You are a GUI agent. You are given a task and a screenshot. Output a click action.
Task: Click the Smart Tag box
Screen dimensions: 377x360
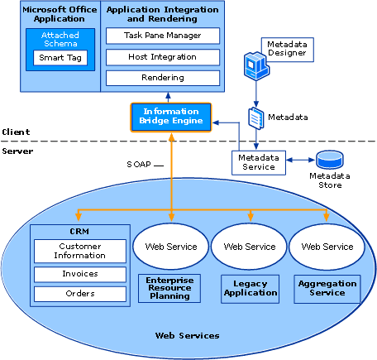[x=60, y=58]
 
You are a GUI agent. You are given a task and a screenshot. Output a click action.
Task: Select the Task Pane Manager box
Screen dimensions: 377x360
[x=163, y=36]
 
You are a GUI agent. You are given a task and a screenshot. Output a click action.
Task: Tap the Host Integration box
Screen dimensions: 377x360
[x=163, y=57]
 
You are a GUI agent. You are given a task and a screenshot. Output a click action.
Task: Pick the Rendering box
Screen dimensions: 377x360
[x=163, y=78]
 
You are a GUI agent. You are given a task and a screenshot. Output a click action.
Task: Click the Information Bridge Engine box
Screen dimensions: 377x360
[x=171, y=118]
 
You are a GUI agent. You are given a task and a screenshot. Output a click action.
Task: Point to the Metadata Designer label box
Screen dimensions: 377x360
[x=288, y=50]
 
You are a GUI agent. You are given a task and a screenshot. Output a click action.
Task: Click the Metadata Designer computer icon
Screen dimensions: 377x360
[x=256, y=65]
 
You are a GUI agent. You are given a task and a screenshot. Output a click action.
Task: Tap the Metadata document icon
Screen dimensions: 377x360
[x=256, y=118]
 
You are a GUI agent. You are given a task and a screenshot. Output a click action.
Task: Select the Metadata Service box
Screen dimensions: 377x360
[x=259, y=163]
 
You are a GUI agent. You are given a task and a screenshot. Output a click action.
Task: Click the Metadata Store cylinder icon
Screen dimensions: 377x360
[x=330, y=160]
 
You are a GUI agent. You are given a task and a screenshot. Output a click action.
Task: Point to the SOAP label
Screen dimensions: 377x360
[x=139, y=165]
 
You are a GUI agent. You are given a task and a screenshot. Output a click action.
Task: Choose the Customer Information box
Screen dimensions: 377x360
[x=80, y=251]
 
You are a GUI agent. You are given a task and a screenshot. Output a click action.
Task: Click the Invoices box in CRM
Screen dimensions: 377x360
[x=80, y=274]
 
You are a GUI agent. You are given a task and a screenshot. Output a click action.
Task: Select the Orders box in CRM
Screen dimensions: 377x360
[x=80, y=294]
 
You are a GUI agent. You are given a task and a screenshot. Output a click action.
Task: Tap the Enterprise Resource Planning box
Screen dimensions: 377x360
[x=169, y=288]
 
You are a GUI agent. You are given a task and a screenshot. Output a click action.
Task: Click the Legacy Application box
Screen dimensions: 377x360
[x=251, y=289]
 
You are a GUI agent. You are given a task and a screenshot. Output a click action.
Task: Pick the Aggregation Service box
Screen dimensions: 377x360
[x=327, y=289]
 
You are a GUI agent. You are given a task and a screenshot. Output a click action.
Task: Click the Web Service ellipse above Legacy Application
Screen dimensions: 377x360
[x=250, y=247]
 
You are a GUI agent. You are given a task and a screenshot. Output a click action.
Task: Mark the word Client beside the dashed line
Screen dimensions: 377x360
[x=16, y=132]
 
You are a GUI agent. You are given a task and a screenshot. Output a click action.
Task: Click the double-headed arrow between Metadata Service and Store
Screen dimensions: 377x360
[x=300, y=160]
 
